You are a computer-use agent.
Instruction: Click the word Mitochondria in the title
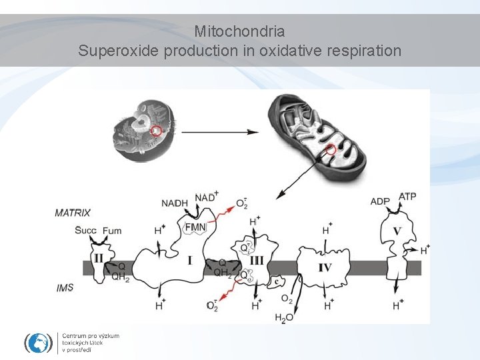point(240,31)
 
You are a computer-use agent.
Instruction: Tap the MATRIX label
point(73,213)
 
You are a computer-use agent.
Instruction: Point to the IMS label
point(65,288)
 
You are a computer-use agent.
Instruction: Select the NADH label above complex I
point(175,203)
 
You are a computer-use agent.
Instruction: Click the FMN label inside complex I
point(196,227)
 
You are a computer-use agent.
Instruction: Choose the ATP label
point(407,197)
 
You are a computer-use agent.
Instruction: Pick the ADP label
point(380,202)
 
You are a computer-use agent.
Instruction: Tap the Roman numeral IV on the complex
point(325,267)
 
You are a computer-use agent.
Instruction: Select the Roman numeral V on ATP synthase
point(397,231)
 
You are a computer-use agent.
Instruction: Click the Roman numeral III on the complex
point(257,260)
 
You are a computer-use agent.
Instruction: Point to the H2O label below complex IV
point(284,318)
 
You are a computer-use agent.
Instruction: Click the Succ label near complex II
point(86,231)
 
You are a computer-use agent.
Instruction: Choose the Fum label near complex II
point(113,231)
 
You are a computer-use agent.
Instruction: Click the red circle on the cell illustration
point(156,130)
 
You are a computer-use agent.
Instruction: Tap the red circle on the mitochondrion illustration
point(331,149)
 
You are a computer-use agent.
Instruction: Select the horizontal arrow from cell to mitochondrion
point(220,132)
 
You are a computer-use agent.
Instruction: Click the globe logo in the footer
point(38,343)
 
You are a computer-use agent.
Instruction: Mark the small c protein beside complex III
point(276,283)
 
